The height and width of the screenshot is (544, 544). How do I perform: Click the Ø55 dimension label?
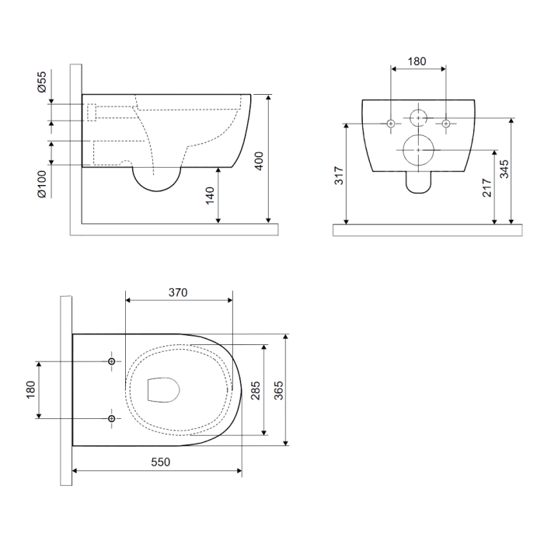(x=42, y=82)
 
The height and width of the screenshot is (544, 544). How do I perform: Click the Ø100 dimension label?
(x=42, y=184)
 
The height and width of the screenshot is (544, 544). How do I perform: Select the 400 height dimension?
(x=259, y=161)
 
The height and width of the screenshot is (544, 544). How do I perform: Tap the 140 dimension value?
(x=210, y=196)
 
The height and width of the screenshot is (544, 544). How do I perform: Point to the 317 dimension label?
(x=339, y=176)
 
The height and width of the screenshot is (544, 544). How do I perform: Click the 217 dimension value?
(x=487, y=188)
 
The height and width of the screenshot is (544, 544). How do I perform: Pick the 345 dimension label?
(x=504, y=169)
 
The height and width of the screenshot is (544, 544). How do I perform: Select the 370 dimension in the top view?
(x=178, y=292)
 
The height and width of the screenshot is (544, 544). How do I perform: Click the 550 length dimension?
(x=161, y=462)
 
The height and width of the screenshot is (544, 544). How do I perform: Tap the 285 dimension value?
(x=256, y=390)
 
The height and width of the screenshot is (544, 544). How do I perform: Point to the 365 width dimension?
(x=278, y=390)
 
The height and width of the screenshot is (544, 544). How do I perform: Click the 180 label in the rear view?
(x=417, y=61)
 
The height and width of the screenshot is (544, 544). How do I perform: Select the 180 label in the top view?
(x=30, y=389)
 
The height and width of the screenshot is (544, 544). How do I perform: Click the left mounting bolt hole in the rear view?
(x=391, y=124)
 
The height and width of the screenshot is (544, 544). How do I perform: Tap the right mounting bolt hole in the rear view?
(x=446, y=124)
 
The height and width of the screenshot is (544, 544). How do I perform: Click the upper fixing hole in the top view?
(x=111, y=361)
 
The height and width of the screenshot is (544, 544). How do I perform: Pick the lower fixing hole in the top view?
(x=111, y=419)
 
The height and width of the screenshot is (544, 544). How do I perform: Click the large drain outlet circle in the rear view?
(x=419, y=150)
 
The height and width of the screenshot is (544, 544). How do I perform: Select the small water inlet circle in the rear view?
(x=418, y=118)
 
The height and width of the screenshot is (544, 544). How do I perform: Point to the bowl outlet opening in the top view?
(x=163, y=390)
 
